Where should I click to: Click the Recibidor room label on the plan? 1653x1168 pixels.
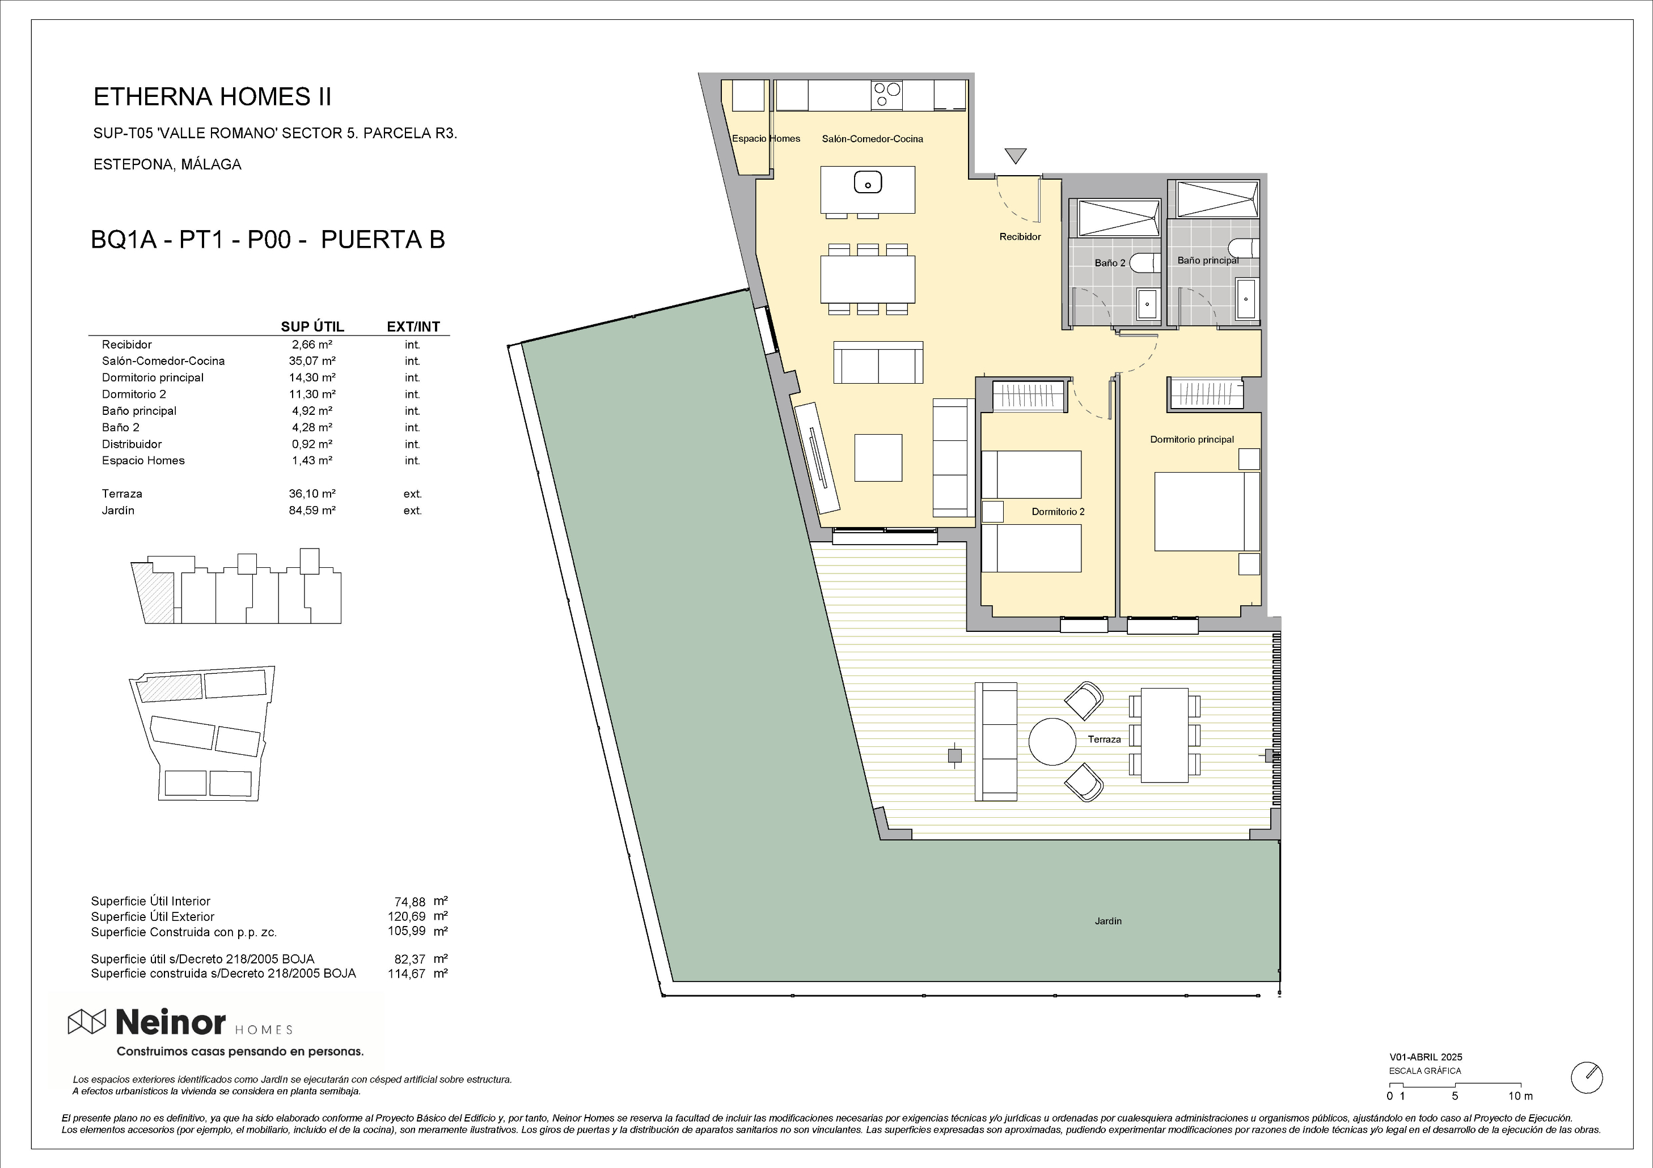(1020, 237)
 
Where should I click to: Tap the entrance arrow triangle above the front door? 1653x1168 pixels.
(1015, 155)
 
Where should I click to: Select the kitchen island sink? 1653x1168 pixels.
(868, 183)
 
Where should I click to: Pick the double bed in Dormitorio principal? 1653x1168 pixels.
(1207, 511)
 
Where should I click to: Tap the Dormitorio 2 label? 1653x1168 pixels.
(1058, 512)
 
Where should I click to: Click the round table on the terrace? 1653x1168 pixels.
(1052, 742)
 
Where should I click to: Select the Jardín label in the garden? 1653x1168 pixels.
(1108, 921)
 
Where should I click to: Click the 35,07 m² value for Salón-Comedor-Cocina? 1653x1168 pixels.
(313, 361)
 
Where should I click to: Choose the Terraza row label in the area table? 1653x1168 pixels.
(122, 494)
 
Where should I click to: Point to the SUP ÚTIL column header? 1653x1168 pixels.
(312, 327)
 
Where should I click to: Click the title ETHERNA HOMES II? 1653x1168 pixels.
(213, 97)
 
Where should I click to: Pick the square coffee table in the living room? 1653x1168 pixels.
(878, 458)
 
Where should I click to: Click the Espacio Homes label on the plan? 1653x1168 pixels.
(766, 139)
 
